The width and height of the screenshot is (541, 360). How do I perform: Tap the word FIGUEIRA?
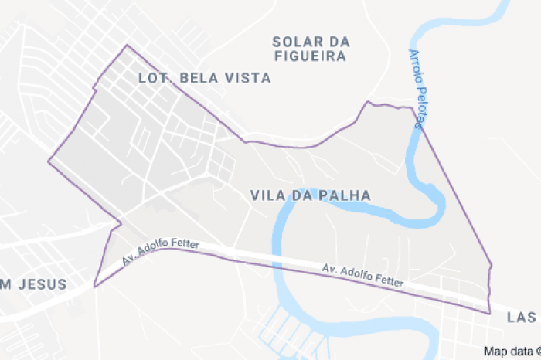pyautogui.click(x=311, y=55)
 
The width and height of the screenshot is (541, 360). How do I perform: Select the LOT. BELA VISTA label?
pyautogui.click(x=204, y=78)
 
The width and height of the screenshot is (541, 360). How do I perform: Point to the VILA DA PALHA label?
pyautogui.click(x=311, y=195)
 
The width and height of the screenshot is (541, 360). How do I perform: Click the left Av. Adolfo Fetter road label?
pyautogui.click(x=161, y=252)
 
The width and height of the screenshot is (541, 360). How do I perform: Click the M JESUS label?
pyautogui.click(x=32, y=284)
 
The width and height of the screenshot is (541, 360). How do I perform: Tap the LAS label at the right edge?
pyautogui.click(x=522, y=318)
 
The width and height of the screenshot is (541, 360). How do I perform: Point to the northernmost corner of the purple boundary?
pyautogui.click(x=127, y=45)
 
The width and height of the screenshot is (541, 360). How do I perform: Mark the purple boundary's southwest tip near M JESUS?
pyautogui.click(x=94, y=287)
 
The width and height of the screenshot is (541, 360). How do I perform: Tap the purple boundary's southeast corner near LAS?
pyautogui.click(x=490, y=313)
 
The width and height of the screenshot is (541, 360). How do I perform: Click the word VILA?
pyautogui.click(x=267, y=195)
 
